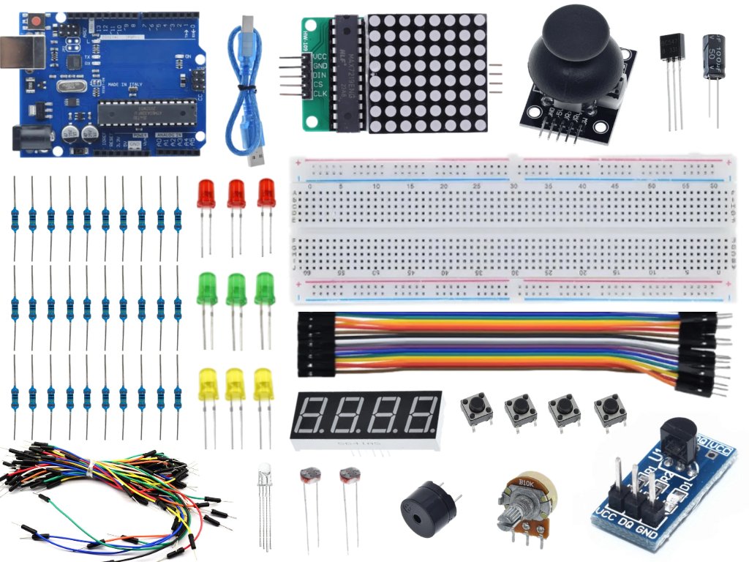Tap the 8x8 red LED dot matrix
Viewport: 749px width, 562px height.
[x=426, y=72]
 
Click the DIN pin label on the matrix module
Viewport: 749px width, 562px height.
[x=320, y=75]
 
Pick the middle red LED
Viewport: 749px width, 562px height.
[x=236, y=193]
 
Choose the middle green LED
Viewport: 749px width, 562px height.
[x=236, y=288]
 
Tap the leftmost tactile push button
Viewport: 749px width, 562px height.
[x=475, y=409]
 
